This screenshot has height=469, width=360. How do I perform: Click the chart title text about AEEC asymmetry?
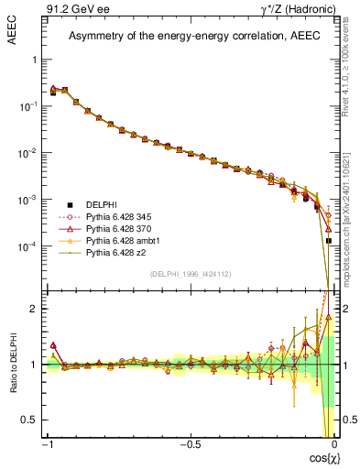point(190,37)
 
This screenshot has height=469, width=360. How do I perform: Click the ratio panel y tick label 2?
point(33,309)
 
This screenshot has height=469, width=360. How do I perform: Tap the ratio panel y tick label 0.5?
point(29,420)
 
